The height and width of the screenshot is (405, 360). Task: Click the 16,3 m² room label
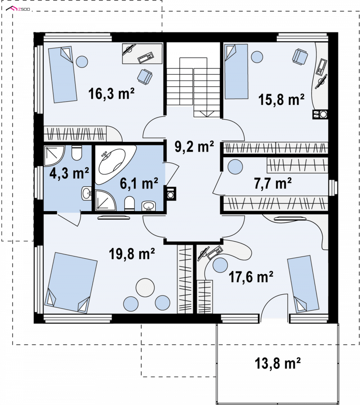[x=111, y=94]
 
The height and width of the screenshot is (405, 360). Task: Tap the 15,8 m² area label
[x=281, y=99]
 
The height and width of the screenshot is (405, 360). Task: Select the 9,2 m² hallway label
[x=194, y=146]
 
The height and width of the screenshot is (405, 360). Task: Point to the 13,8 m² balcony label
[x=278, y=363]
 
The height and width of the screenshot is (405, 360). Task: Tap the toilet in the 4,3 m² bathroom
[x=76, y=153]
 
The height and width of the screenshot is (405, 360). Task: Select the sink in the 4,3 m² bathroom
[x=86, y=193]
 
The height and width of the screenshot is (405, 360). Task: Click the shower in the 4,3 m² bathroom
[x=54, y=156]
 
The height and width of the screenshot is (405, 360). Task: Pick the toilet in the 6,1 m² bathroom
[x=130, y=204]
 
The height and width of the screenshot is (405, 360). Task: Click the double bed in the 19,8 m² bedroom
[x=71, y=283]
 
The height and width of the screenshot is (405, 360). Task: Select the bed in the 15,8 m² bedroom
[x=236, y=72]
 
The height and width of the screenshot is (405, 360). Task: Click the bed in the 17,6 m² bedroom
[x=303, y=284]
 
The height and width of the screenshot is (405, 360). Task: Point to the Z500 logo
[x=18, y=9]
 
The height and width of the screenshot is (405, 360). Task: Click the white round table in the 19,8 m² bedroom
[x=145, y=288]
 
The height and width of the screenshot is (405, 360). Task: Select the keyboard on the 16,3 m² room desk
[x=146, y=58]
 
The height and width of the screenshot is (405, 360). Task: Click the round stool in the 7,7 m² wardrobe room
[x=235, y=167]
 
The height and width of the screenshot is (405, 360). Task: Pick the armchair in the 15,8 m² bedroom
[x=300, y=56]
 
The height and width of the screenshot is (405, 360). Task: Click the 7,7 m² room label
[x=273, y=184]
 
